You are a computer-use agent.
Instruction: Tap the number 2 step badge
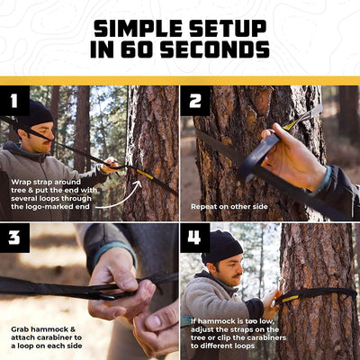coord(195,101)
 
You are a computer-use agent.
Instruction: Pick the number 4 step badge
coord(195,238)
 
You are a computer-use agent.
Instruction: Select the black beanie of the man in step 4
coord(221,245)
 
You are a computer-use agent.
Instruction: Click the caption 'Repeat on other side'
coord(230,206)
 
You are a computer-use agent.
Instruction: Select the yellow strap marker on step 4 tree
coord(289,296)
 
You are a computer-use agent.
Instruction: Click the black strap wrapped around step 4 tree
coord(319,292)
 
